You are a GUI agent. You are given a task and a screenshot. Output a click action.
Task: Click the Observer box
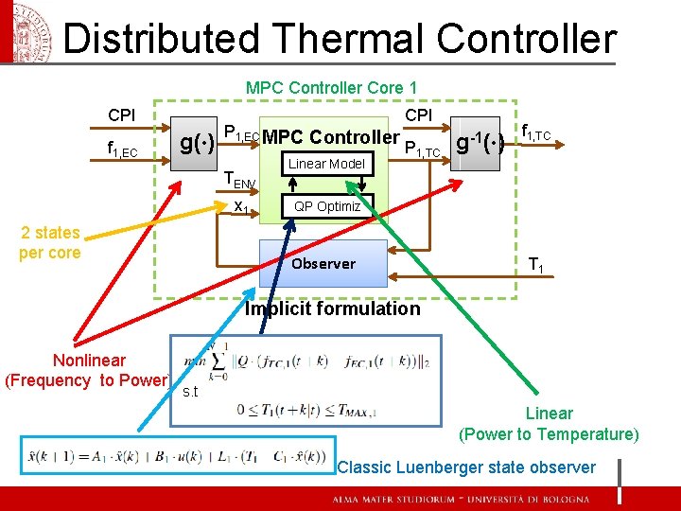(323, 263)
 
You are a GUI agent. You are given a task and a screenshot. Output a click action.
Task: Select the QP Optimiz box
(327, 206)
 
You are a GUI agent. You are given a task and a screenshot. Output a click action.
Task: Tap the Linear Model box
(326, 164)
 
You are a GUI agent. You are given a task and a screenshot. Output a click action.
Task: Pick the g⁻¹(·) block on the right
(485, 144)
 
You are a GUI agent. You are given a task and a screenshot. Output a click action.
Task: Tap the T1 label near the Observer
(536, 265)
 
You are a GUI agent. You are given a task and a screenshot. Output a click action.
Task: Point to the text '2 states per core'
(49, 242)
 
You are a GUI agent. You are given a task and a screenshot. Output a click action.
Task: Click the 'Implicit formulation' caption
(332, 308)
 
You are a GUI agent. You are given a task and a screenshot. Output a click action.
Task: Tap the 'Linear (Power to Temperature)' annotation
(549, 424)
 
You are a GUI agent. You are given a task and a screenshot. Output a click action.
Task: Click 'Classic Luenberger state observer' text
(466, 467)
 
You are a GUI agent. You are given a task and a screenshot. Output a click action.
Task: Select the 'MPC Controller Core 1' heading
(331, 88)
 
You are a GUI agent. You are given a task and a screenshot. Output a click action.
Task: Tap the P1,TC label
(422, 149)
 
